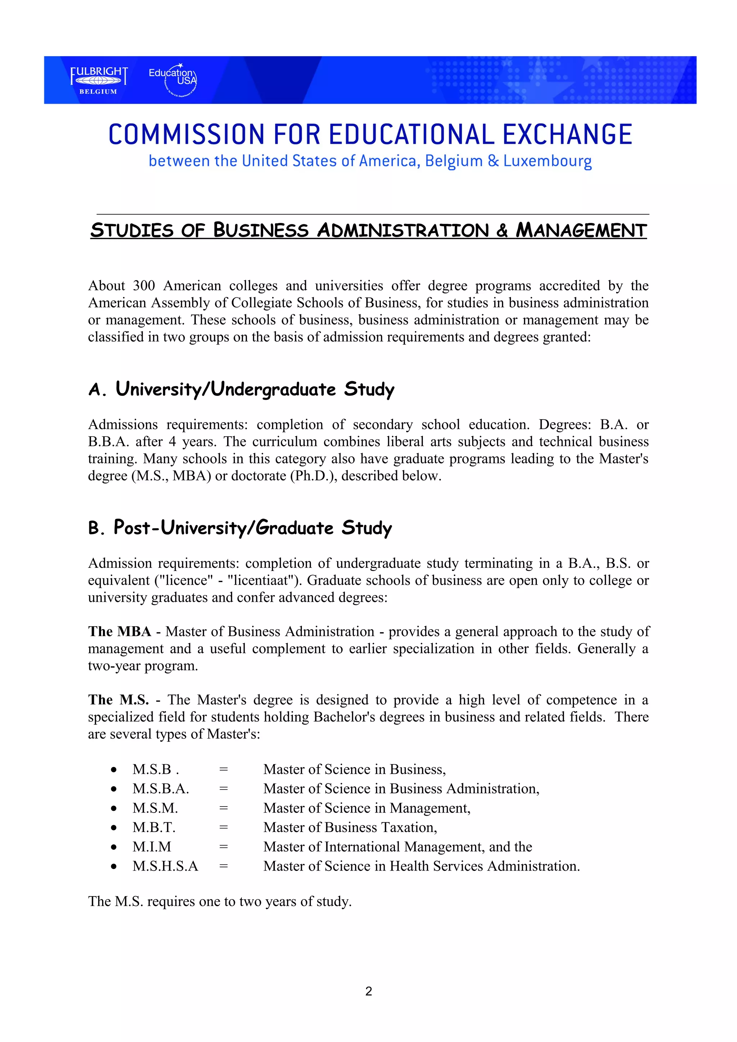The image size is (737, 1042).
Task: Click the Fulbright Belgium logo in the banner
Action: tap(99, 80)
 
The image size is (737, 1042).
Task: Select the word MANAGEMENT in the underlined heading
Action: tap(581, 230)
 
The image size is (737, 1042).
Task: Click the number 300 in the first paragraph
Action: tap(144, 286)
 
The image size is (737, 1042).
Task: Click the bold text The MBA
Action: tap(119, 632)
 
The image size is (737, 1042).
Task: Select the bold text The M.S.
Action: tap(118, 700)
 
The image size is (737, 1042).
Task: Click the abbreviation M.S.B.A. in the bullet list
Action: tap(161, 789)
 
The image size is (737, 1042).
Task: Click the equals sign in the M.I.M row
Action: tap(223, 847)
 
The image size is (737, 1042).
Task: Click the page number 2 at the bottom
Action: tap(368, 991)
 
